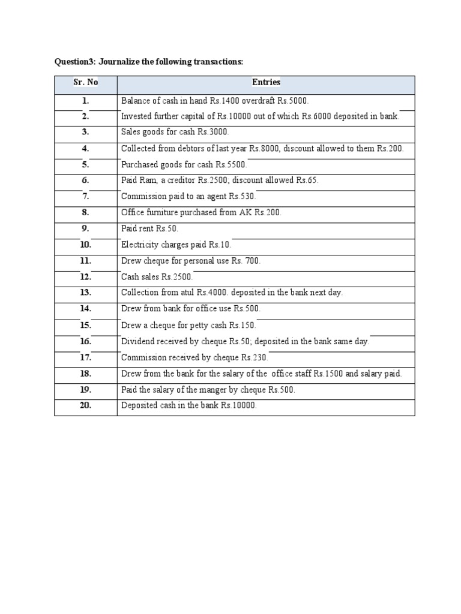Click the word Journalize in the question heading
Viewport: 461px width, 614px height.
pyautogui.click(x=119, y=62)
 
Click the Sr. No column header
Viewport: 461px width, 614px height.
pyautogui.click(x=86, y=82)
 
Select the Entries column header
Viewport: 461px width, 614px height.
pyautogui.click(x=266, y=82)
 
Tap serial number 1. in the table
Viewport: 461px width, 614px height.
pyautogui.click(x=86, y=101)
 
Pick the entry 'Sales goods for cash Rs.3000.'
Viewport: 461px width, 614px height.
pyautogui.click(x=175, y=133)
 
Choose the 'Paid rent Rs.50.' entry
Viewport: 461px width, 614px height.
pyautogui.click(x=149, y=228)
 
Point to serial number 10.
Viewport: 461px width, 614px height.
pyautogui.click(x=86, y=245)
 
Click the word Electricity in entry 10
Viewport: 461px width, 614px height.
pyautogui.click(x=140, y=245)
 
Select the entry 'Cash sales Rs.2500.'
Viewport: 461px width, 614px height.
pyautogui.click(x=157, y=276)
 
